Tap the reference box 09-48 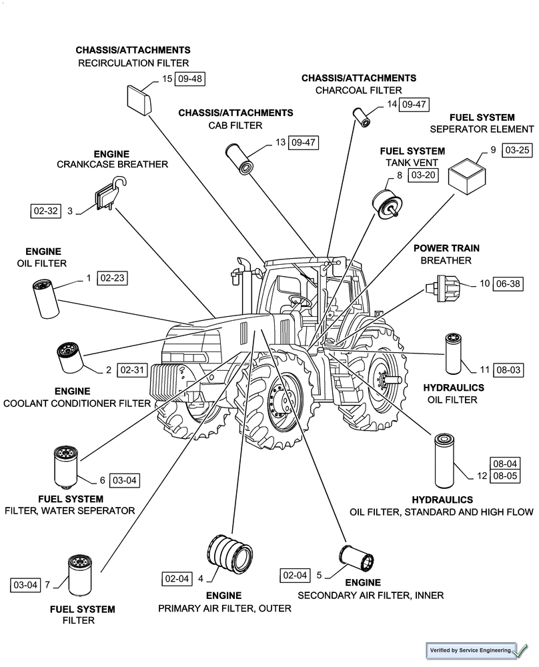(x=190, y=79)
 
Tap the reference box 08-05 (x=505, y=476)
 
